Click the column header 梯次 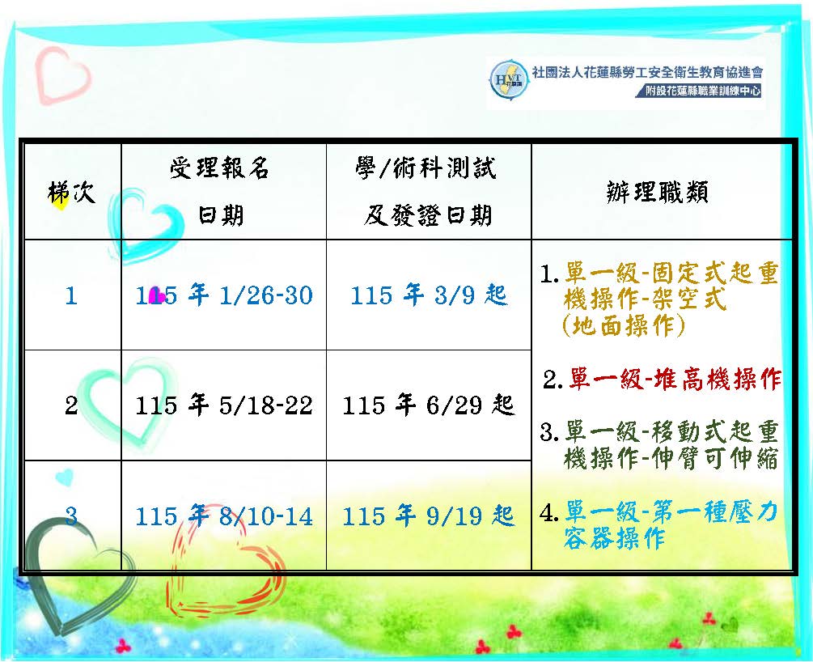(71, 193)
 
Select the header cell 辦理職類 (657, 193)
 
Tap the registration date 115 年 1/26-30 (224, 295)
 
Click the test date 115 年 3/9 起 (428, 295)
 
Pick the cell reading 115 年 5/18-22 (224, 405)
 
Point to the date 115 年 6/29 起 (428, 405)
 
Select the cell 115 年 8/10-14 (224, 516)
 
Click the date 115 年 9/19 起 (428, 516)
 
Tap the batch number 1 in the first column (71, 295)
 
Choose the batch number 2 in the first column (71, 405)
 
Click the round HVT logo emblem (509, 79)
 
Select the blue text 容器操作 (614, 538)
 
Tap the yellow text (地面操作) (624, 326)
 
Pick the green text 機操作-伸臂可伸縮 (671, 458)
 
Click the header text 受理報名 (219, 168)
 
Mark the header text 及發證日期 (428, 215)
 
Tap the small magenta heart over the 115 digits (156, 296)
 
